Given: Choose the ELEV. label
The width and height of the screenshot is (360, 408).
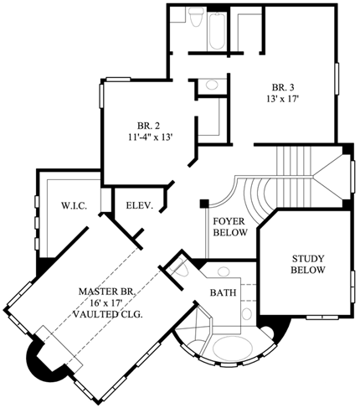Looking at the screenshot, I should (x=139, y=204).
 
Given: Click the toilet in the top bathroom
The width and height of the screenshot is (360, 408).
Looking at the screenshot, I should (x=193, y=18).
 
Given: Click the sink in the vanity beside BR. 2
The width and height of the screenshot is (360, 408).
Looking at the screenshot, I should (x=211, y=85).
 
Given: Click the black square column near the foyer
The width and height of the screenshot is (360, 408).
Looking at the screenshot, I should (x=203, y=202).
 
